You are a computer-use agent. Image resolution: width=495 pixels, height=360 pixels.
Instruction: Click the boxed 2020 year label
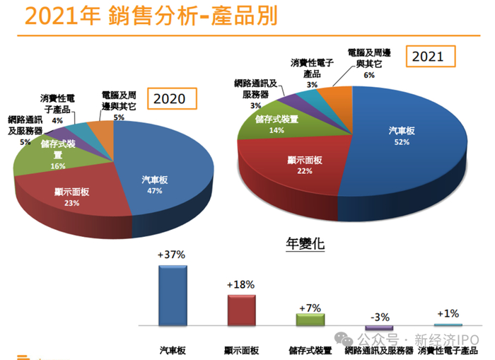pos(170,98)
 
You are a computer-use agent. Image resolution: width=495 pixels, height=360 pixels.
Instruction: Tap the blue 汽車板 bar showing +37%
pos(173,295)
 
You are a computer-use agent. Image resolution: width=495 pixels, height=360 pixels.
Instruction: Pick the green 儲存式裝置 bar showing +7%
pos(310,319)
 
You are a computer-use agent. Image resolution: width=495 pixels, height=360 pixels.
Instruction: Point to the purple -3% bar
pos(379,328)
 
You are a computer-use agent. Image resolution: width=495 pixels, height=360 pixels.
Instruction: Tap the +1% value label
pos(448,313)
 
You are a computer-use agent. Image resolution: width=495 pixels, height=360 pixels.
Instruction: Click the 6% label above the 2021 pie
pos(368,74)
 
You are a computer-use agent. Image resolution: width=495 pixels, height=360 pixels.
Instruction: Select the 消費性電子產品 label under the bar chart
pos(448,350)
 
